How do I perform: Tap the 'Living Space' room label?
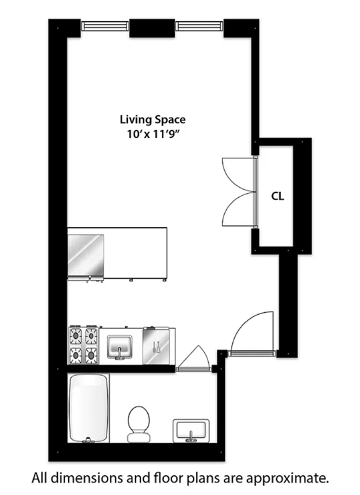[x=152, y=119]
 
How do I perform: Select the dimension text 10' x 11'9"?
[x=152, y=133]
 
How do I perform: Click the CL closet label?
[x=278, y=197]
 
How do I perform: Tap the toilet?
[x=139, y=423]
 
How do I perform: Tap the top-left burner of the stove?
[x=76, y=336]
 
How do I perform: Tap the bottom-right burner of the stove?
[x=92, y=355]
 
